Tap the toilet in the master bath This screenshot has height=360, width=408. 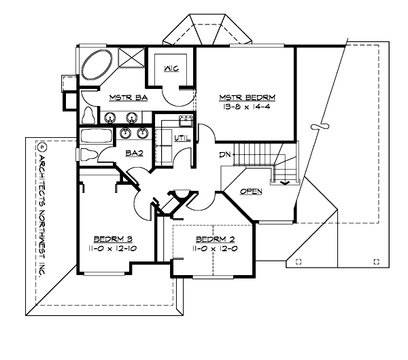pyautogui.click(x=88, y=115)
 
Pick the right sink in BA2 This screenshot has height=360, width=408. pyautogui.click(x=142, y=132)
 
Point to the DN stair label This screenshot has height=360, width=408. pyautogui.click(x=225, y=154)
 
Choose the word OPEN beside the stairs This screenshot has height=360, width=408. pyautogui.click(x=251, y=191)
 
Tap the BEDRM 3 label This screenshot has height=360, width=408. pyautogui.click(x=112, y=239)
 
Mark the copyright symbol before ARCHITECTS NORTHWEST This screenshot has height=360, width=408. pyautogui.click(x=41, y=146)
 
